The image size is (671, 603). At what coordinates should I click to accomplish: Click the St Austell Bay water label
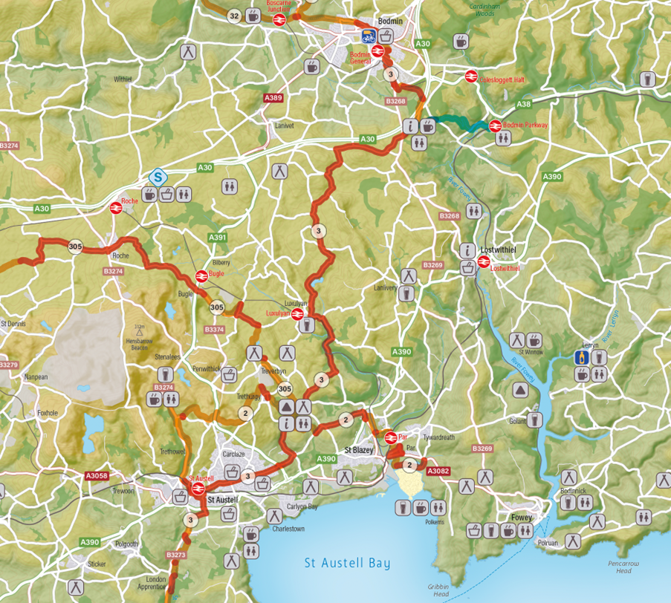coord(347,563)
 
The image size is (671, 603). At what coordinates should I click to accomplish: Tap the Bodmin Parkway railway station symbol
coord(494,126)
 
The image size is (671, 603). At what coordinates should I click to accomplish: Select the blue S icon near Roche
coord(157,177)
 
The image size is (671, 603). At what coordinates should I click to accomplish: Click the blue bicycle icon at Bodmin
coord(368,36)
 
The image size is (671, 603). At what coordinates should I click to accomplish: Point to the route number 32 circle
coord(234,16)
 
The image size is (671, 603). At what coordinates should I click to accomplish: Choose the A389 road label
coord(273,98)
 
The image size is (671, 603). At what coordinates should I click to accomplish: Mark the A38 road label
coord(524,105)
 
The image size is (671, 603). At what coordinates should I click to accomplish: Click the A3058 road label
coord(97,476)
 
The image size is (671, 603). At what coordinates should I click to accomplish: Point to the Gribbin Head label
coord(438,590)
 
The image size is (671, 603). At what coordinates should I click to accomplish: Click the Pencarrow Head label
coord(623,567)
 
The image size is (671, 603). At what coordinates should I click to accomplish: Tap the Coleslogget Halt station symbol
coord(470,76)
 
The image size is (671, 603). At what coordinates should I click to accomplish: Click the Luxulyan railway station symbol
coord(296,315)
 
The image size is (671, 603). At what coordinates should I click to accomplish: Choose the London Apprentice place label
coord(155,583)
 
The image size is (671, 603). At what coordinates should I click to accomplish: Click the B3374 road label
coord(214,329)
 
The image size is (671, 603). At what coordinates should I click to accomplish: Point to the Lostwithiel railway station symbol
coord(483,262)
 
